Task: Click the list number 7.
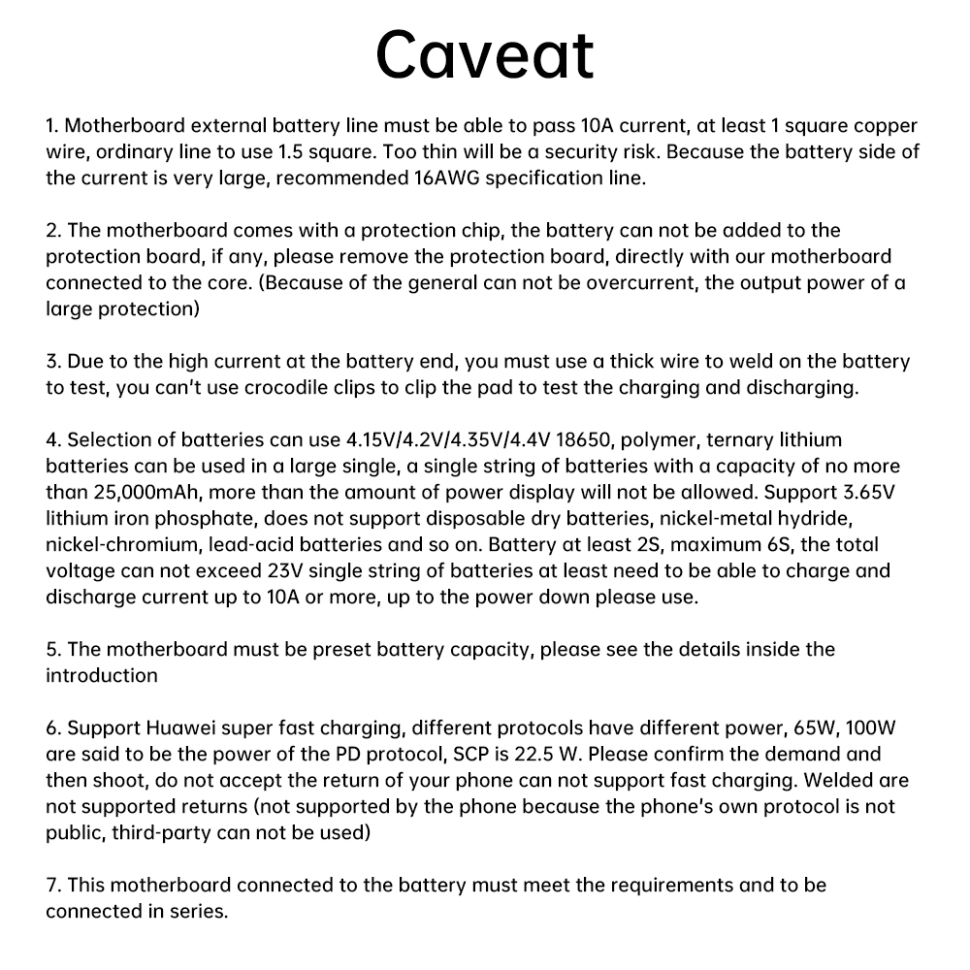tap(52, 885)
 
